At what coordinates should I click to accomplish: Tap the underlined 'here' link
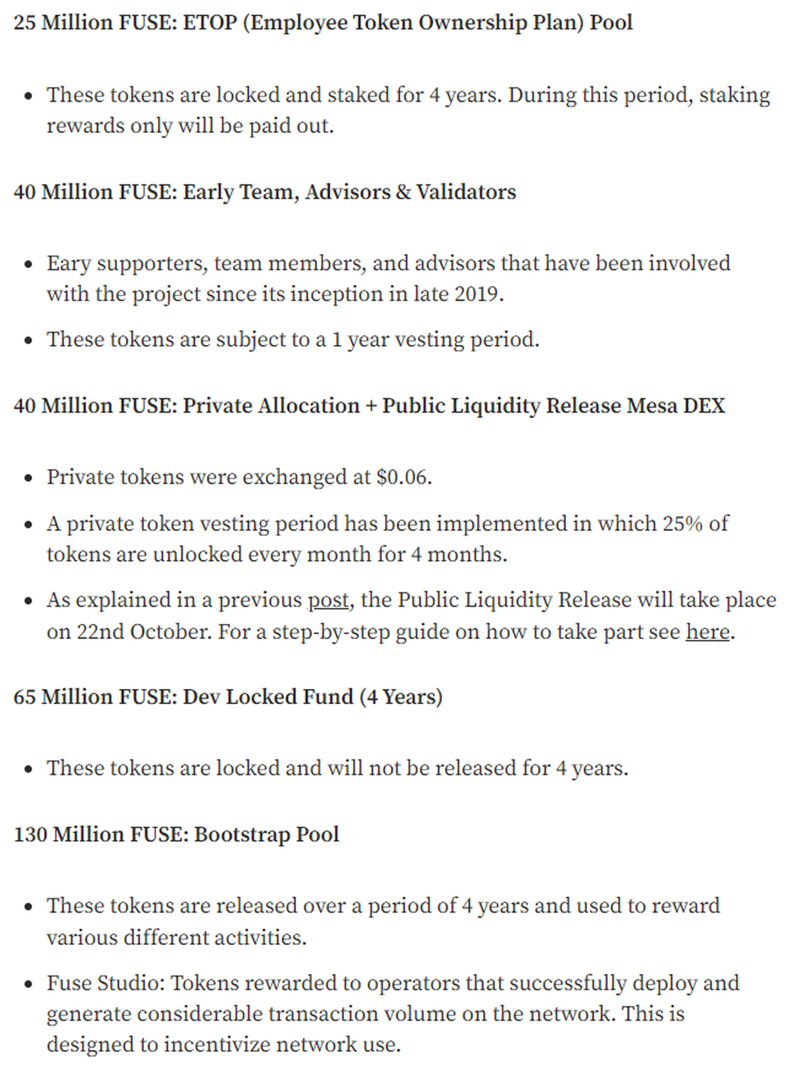707,632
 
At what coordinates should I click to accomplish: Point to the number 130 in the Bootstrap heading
30,834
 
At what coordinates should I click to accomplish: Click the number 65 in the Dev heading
24,697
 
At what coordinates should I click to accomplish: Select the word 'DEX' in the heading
704,406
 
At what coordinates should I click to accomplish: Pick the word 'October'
170,632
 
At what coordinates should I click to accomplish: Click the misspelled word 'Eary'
68,263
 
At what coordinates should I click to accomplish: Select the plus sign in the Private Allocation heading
371,406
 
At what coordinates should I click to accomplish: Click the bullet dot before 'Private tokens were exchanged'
28,478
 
